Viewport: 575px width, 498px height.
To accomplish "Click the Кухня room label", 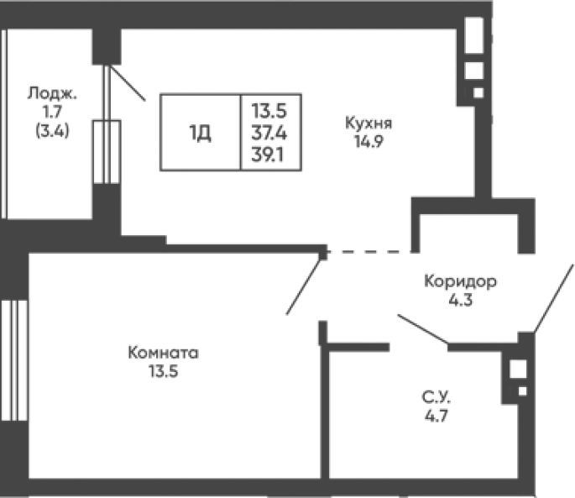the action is click(369, 123).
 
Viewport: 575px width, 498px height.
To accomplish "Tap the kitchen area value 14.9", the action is click(369, 141).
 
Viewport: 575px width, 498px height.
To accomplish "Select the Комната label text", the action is click(163, 353).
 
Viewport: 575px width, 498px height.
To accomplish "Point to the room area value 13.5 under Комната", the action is click(163, 371).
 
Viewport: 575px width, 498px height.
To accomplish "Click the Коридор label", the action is click(460, 281).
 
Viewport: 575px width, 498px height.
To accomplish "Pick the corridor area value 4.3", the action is click(461, 300).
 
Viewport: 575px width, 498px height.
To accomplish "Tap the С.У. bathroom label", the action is click(436, 397).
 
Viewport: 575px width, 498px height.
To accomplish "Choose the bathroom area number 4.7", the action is click(436, 416).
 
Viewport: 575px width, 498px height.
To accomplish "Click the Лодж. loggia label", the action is click(52, 93).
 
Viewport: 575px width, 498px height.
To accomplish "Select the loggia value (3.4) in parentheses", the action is click(52, 131).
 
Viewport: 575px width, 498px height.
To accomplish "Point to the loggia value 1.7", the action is click(52, 112).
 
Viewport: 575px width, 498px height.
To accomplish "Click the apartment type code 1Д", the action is click(201, 133).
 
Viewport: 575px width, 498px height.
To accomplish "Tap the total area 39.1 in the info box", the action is click(267, 155).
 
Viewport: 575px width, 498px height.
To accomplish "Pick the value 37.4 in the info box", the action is click(269, 133).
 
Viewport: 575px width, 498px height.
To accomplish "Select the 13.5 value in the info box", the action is click(269, 111).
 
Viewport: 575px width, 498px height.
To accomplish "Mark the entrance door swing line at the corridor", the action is click(553, 298).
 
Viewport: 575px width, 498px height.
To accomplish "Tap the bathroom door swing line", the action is click(423, 329).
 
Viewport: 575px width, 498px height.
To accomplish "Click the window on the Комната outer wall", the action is click(14, 360).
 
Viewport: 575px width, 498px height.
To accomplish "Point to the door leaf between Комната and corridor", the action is click(304, 286).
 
